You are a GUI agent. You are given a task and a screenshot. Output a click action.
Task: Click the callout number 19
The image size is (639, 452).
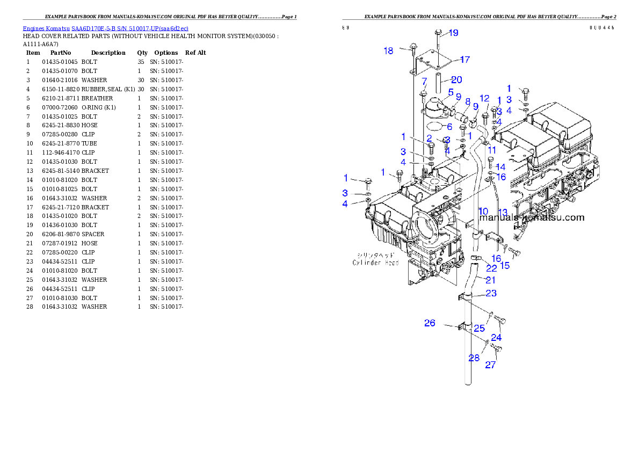453,33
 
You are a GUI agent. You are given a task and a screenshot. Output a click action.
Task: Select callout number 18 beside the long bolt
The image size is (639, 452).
388,51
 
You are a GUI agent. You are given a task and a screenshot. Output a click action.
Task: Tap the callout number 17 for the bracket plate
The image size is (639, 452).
464,60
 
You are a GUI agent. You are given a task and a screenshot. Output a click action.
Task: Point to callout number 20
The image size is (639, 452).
456,80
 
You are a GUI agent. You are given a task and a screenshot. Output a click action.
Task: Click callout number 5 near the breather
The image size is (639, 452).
451,92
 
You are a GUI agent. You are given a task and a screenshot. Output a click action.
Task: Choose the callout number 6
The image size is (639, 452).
449,127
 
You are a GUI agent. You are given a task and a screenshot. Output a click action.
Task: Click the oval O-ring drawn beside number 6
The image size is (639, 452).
437,127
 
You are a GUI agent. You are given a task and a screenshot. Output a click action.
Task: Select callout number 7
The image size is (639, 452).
424,82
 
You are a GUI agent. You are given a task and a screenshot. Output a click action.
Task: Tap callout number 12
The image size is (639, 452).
484,98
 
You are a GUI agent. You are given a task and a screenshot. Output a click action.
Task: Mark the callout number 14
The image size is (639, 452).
500,167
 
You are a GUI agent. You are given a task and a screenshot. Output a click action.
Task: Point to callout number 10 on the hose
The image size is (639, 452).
483,212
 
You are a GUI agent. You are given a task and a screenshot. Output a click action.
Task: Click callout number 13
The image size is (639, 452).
503,212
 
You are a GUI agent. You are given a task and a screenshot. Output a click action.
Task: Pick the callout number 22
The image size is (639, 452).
491,268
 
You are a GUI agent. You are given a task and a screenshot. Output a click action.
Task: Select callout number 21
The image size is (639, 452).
491,280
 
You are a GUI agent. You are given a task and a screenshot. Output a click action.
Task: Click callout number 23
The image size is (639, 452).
491,293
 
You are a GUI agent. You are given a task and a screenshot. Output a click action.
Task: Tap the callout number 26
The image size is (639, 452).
430,323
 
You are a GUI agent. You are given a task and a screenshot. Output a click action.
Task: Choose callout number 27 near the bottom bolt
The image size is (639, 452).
491,365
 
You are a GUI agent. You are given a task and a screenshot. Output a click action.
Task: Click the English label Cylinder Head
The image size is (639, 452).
375,263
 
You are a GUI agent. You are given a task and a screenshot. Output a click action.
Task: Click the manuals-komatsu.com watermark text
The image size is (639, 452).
532,217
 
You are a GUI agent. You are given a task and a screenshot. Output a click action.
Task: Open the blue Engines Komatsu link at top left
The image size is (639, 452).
105,28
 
